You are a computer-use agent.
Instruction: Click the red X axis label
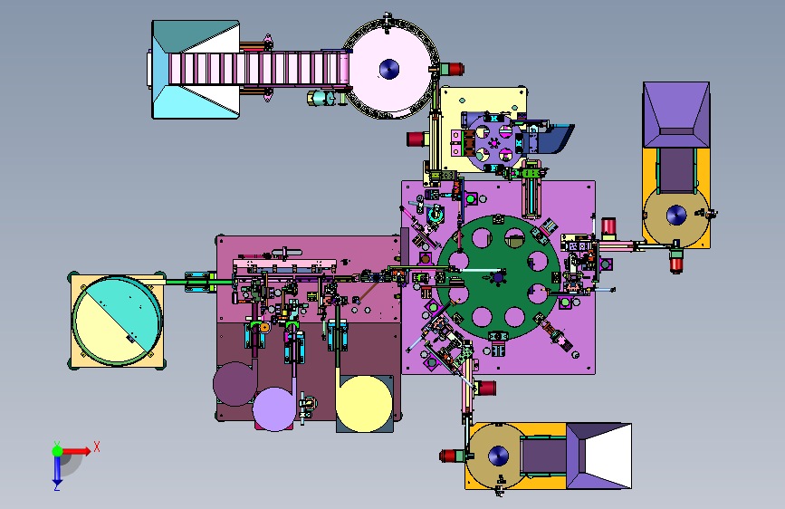[x=97, y=447]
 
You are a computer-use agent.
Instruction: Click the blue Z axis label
[x=57, y=486]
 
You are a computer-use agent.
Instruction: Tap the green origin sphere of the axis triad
[x=58, y=451]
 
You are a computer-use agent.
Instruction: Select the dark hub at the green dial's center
[x=498, y=276]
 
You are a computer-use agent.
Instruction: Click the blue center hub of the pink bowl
[x=389, y=69]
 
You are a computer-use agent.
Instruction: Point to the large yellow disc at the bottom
[x=364, y=404]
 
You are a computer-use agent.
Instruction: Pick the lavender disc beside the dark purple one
[x=274, y=408]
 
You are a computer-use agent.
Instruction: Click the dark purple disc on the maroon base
[x=235, y=384]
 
